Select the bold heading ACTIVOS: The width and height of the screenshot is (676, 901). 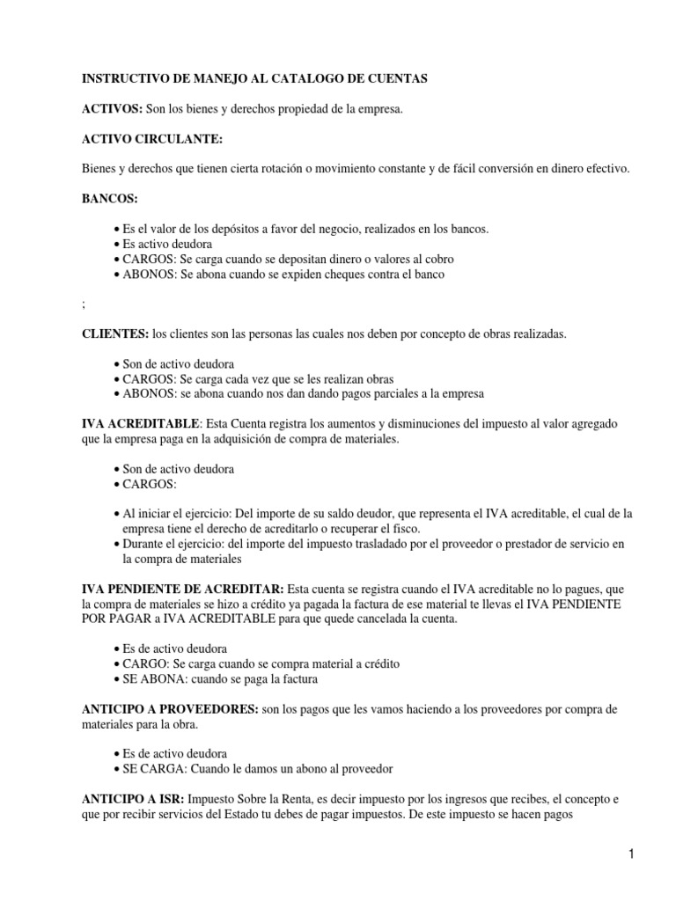[113, 108]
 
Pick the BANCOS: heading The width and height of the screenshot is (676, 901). [110, 199]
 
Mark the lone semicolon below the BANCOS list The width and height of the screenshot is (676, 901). [84, 304]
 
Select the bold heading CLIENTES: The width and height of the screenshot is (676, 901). [115, 333]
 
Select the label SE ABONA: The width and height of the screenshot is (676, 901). [151, 678]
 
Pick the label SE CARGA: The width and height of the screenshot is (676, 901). [151, 769]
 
